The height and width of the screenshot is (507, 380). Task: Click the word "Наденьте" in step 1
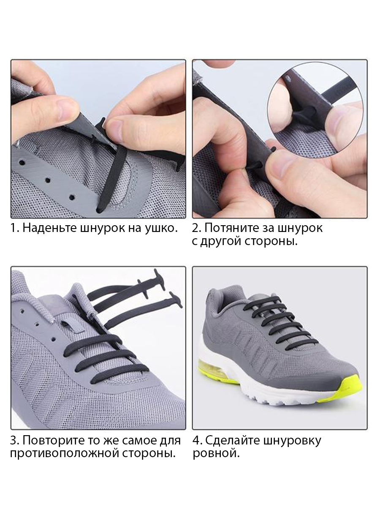coord(49,228)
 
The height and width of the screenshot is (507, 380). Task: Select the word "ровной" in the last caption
coord(216,453)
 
